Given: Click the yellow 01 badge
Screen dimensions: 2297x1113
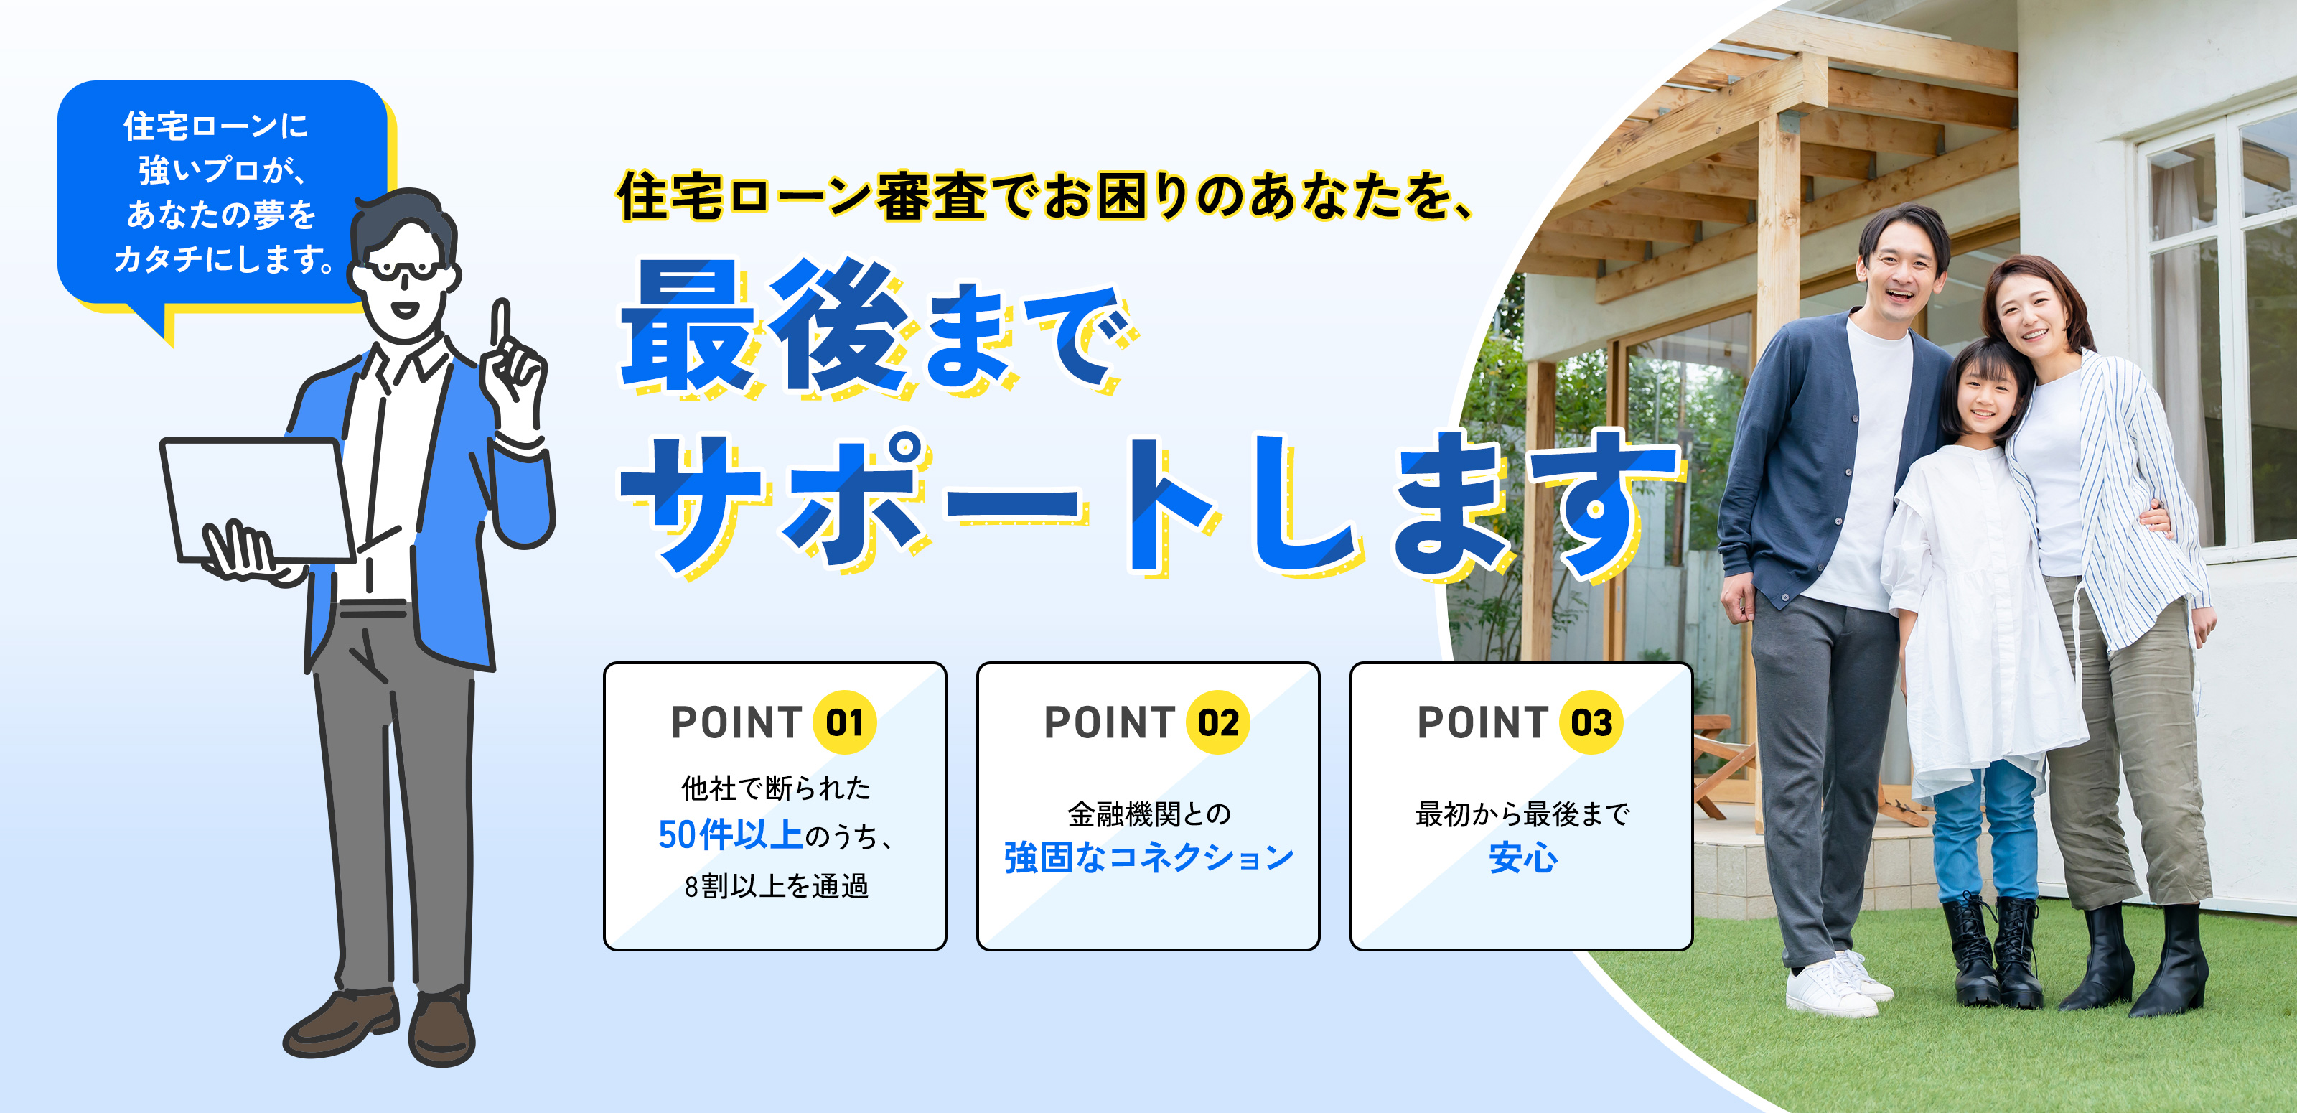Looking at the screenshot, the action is coord(844,722).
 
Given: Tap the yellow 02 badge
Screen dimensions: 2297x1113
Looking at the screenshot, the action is coord(1218,722).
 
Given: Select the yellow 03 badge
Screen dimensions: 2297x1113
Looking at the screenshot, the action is coord(1591,722).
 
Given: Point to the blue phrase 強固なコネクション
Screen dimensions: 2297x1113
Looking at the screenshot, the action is coord(1148,857).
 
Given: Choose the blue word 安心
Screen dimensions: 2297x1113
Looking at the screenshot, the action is coord(1523,858).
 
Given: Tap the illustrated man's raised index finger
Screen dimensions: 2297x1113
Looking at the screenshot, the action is coord(503,325).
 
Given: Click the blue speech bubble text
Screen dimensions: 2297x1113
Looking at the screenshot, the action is coord(224,192).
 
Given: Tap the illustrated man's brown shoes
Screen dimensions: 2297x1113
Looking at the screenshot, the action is coord(380,1025).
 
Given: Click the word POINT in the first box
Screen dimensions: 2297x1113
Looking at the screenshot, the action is coord(736,722).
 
